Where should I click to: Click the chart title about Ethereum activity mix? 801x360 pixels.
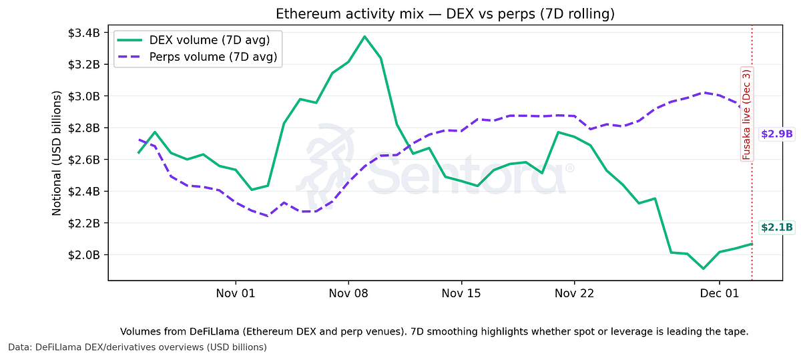click(445, 14)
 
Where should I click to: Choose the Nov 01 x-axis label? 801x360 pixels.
click(236, 293)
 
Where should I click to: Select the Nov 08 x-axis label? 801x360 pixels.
click(348, 293)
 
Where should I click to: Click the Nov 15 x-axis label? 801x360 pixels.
click(461, 293)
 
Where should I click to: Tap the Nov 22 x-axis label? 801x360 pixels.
click(574, 293)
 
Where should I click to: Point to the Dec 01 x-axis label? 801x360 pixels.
click(720, 293)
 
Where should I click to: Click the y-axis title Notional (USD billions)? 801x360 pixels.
click(57, 153)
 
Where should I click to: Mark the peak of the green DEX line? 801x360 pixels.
click(364, 36)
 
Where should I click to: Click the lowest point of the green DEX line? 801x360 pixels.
click(703, 268)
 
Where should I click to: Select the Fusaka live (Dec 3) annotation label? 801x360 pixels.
click(746, 114)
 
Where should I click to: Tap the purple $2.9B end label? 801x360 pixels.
click(776, 134)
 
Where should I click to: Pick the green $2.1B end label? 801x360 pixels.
click(776, 228)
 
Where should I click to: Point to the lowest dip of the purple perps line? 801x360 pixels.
click(268, 216)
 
